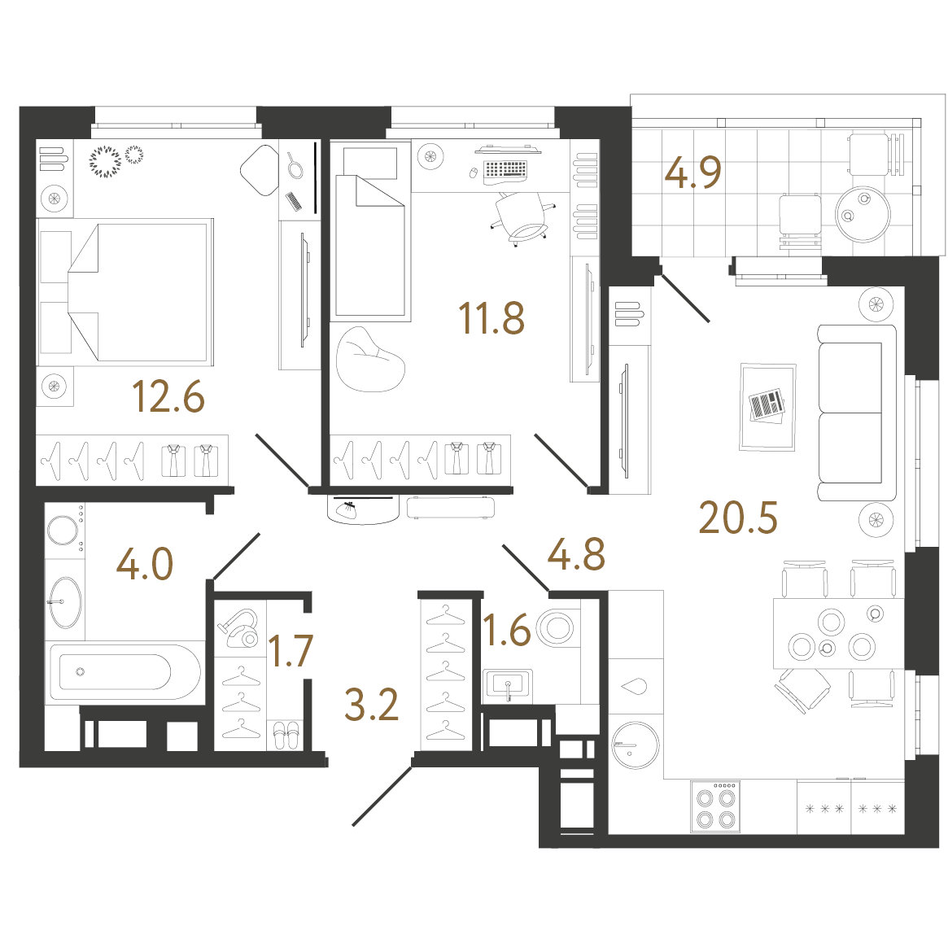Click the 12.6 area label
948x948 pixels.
(168, 396)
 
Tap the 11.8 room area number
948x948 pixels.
(491, 318)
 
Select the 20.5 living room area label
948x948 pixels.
(737, 518)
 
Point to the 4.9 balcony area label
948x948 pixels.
(692, 173)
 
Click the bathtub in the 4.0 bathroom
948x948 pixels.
(125, 671)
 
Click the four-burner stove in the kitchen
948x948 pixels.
(715, 806)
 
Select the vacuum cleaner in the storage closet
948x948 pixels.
(238, 627)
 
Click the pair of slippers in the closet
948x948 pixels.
(286, 735)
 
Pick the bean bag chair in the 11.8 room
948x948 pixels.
(370, 359)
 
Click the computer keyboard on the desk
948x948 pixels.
(505, 171)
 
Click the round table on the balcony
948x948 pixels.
(863, 214)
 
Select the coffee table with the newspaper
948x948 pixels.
(767, 407)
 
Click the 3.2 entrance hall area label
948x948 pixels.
(371, 705)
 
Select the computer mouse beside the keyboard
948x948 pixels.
(474, 173)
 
